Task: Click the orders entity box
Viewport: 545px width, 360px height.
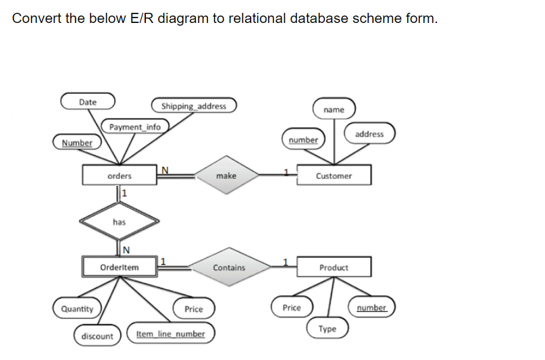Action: click(x=120, y=176)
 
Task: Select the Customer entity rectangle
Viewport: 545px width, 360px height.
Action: click(x=334, y=176)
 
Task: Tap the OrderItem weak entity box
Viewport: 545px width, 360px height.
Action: click(x=120, y=267)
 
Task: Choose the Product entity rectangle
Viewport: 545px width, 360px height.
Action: click(x=334, y=267)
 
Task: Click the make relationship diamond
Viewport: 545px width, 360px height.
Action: click(x=226, y=176)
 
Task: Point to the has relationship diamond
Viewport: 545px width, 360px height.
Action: click(x=120, y=221)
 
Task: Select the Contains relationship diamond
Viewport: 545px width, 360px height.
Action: click(x=229, y=267)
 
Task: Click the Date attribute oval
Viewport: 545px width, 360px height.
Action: click(x=88, y=102)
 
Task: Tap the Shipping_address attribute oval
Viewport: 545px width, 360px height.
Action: click(x=194, y=106)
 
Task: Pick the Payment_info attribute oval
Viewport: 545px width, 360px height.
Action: click(x=135, y=126)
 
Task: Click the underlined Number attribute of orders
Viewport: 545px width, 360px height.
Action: click(x=77, y=143)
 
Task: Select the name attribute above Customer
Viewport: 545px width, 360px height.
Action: click(x=334, y=109)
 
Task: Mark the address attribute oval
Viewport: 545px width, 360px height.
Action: click(x=369, y=134)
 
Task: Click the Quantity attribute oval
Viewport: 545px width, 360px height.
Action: click(x=77, y=309)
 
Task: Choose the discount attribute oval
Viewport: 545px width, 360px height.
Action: click(x=97, y=336)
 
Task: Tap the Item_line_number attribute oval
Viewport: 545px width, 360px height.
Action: click(x=170, y=334)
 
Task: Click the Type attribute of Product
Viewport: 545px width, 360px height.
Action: click(x=328, y=329)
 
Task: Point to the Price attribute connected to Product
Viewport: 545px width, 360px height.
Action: click(x=292, y=307)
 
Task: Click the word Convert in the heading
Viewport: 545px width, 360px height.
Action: click(x=36, y=18)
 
